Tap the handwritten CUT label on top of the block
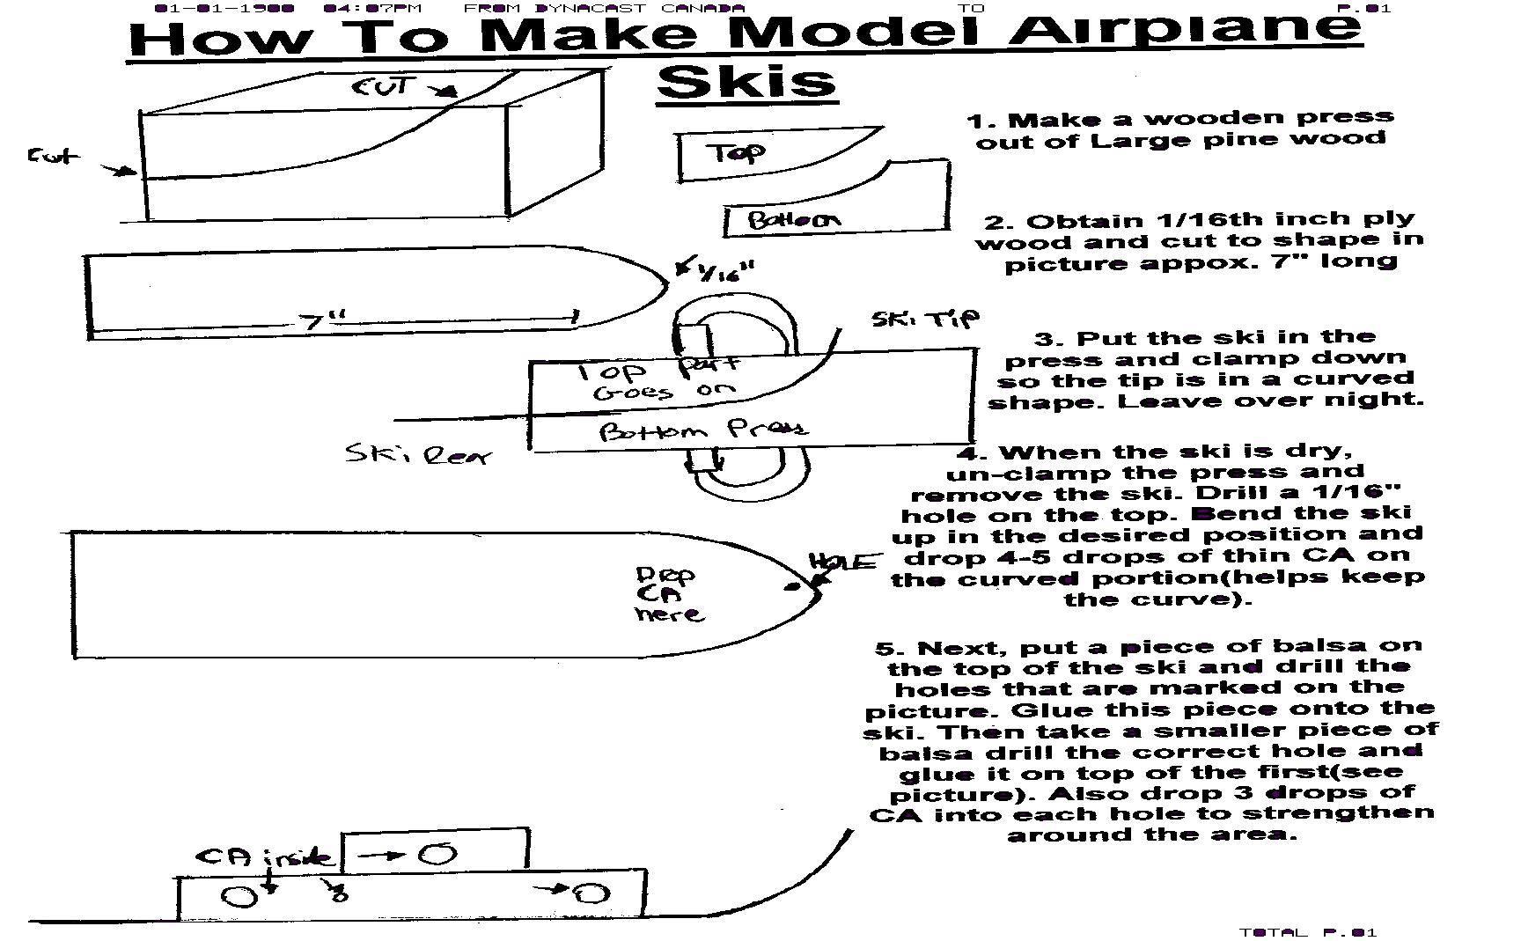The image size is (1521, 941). pyautogui.click(x=381, y=86)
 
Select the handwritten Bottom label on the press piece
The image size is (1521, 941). pyautogui.click(x=793, y=219)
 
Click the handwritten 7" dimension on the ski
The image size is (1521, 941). pyautogui.click(x=326, y=320)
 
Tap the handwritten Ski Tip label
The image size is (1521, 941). pyautogui.click(x=924, y=318)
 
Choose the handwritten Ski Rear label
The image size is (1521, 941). pyautogui.click(x=416, y=454)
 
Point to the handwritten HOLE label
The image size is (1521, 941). pyautogui.click(x=844, y=562)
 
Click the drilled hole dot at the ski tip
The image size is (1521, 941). pyautogui.click(x=795, y=585)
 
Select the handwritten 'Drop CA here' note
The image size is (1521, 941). pyautogui.click(x=668, y=594)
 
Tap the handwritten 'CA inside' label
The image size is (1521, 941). pyautogui.click(x=264, y=856)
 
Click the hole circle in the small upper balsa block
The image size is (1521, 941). pyautogui.click(x=437, y=853)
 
